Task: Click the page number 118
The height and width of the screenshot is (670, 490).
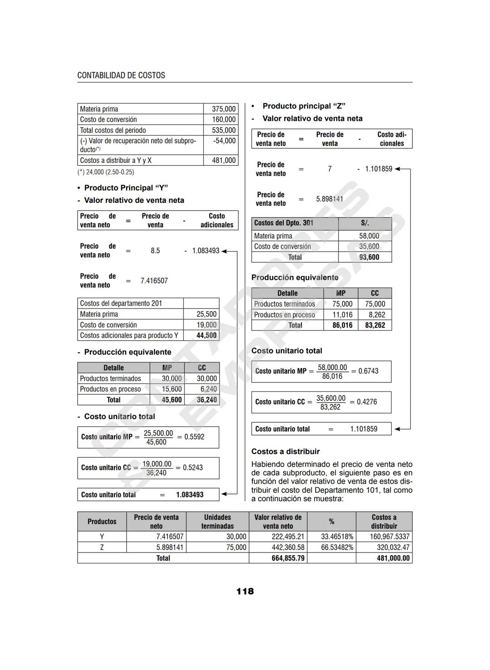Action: (x=245, y=592)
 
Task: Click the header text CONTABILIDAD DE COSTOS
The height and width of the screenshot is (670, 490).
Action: (x=121, y=75)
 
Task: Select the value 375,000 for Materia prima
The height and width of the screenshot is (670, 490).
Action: (x=224, y=109)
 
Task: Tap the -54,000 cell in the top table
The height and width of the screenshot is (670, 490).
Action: (x=224, y=141)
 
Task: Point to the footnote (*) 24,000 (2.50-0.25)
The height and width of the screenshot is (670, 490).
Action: (x=106, y=172)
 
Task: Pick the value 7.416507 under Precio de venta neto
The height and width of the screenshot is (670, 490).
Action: (x=154, y=281)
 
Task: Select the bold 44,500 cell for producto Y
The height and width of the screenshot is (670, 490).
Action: (x=206, y=336)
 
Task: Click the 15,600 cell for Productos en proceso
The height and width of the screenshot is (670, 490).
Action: (x=172, y=389)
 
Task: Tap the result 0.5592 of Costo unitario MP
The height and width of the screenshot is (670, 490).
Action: (x=194, y=437)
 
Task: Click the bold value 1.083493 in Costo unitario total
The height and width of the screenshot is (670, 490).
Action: (x=190, y=495)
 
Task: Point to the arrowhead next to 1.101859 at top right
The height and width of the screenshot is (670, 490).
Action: (x=397, y=169)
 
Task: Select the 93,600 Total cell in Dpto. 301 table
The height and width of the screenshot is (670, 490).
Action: (x=369, y=257)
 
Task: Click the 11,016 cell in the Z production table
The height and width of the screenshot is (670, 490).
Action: (x=342, y=315)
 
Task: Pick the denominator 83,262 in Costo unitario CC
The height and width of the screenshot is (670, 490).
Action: (x=330, y=407)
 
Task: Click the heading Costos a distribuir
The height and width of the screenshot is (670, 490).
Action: (x=285, y=451)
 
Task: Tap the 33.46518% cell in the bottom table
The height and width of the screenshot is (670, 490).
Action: (x=337, y=537)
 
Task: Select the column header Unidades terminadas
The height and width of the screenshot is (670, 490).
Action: (x=217, y=522)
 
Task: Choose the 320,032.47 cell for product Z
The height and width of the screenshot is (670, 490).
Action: (x=393, y=548)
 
